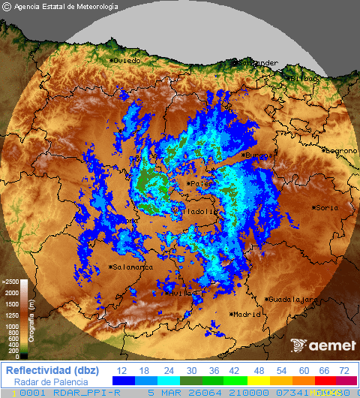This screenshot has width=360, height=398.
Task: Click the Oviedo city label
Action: tap(127, 60)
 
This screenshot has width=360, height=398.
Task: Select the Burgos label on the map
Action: tap(259, 155)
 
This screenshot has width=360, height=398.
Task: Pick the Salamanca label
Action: tap(133, 267)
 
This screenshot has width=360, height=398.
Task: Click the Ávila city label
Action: tap(181, 294)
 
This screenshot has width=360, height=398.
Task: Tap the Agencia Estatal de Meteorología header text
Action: tap(61, 7)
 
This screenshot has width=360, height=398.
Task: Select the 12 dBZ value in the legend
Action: tap(121, 371)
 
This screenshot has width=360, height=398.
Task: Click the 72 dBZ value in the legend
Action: tap(344, 371)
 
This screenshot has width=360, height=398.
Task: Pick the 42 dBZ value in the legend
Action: tap(232, 371)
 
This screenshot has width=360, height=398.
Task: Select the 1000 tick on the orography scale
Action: tap(12, 327)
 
